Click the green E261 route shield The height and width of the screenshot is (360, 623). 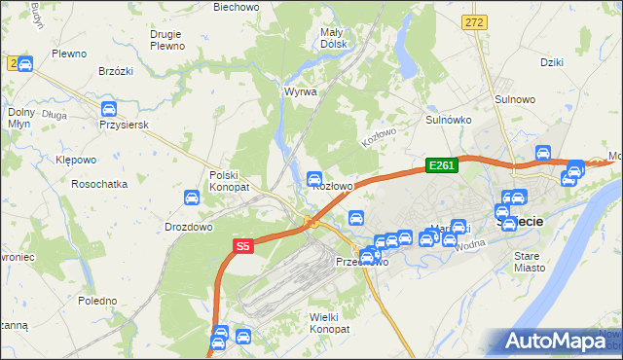[x=441, y=165]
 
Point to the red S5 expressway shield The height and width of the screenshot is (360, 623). [x=243, y=247]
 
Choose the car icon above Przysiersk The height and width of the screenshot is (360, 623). [x=109, y=109]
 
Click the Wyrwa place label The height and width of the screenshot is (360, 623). [x=300, y=91]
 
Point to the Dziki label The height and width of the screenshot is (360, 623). [x=552, y=62]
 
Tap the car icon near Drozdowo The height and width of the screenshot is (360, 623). [x=193, y=198]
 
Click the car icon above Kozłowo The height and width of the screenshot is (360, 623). [x=314, y=179]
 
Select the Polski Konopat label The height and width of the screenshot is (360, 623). [x=230, y=181]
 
